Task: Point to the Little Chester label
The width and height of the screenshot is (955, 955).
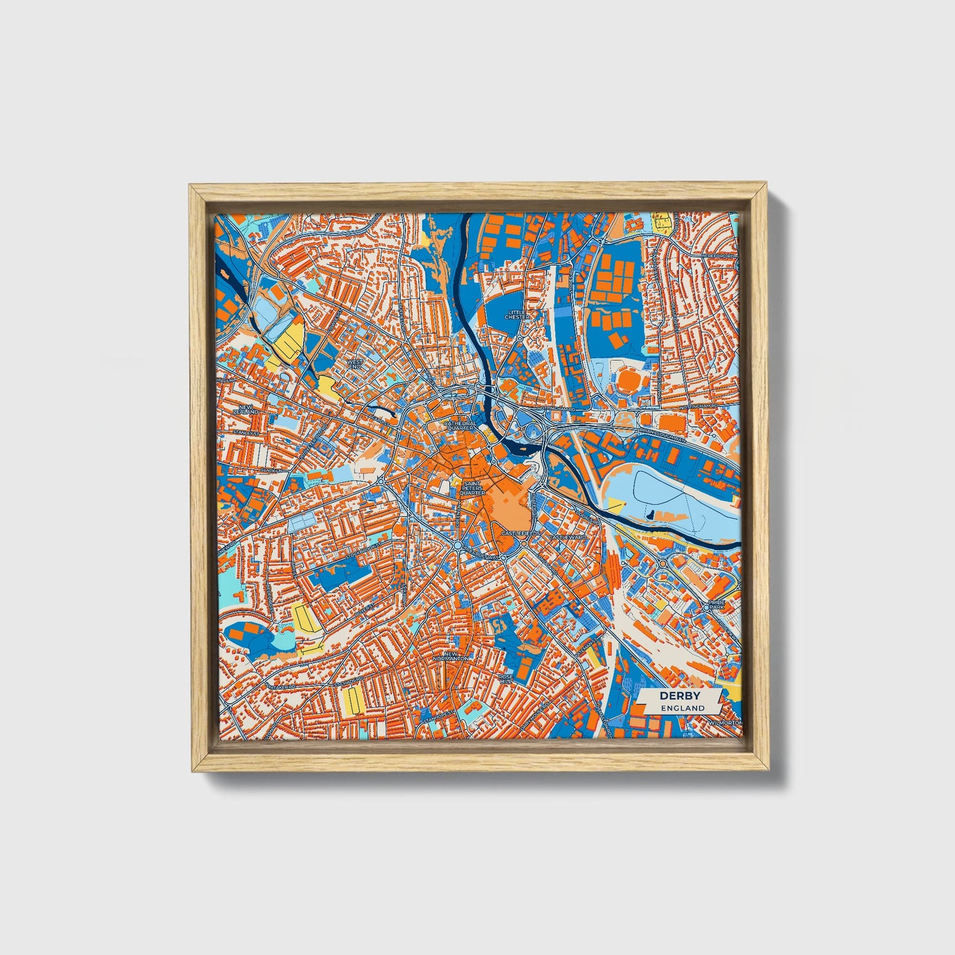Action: pyautogui.click(x=517, y=315)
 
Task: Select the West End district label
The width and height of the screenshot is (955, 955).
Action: pyautogui.click(x=356, y=365)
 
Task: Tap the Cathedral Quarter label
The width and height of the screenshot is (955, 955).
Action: pyautogui.click(x=460, y=425)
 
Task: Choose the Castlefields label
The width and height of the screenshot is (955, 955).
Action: pyautogui.click(x=521, y=533)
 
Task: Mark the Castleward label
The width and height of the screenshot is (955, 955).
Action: pyautogui.click(x=567, y=537)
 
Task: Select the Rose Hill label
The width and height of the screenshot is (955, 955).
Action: pyautogui.click(x=506, y=679)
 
